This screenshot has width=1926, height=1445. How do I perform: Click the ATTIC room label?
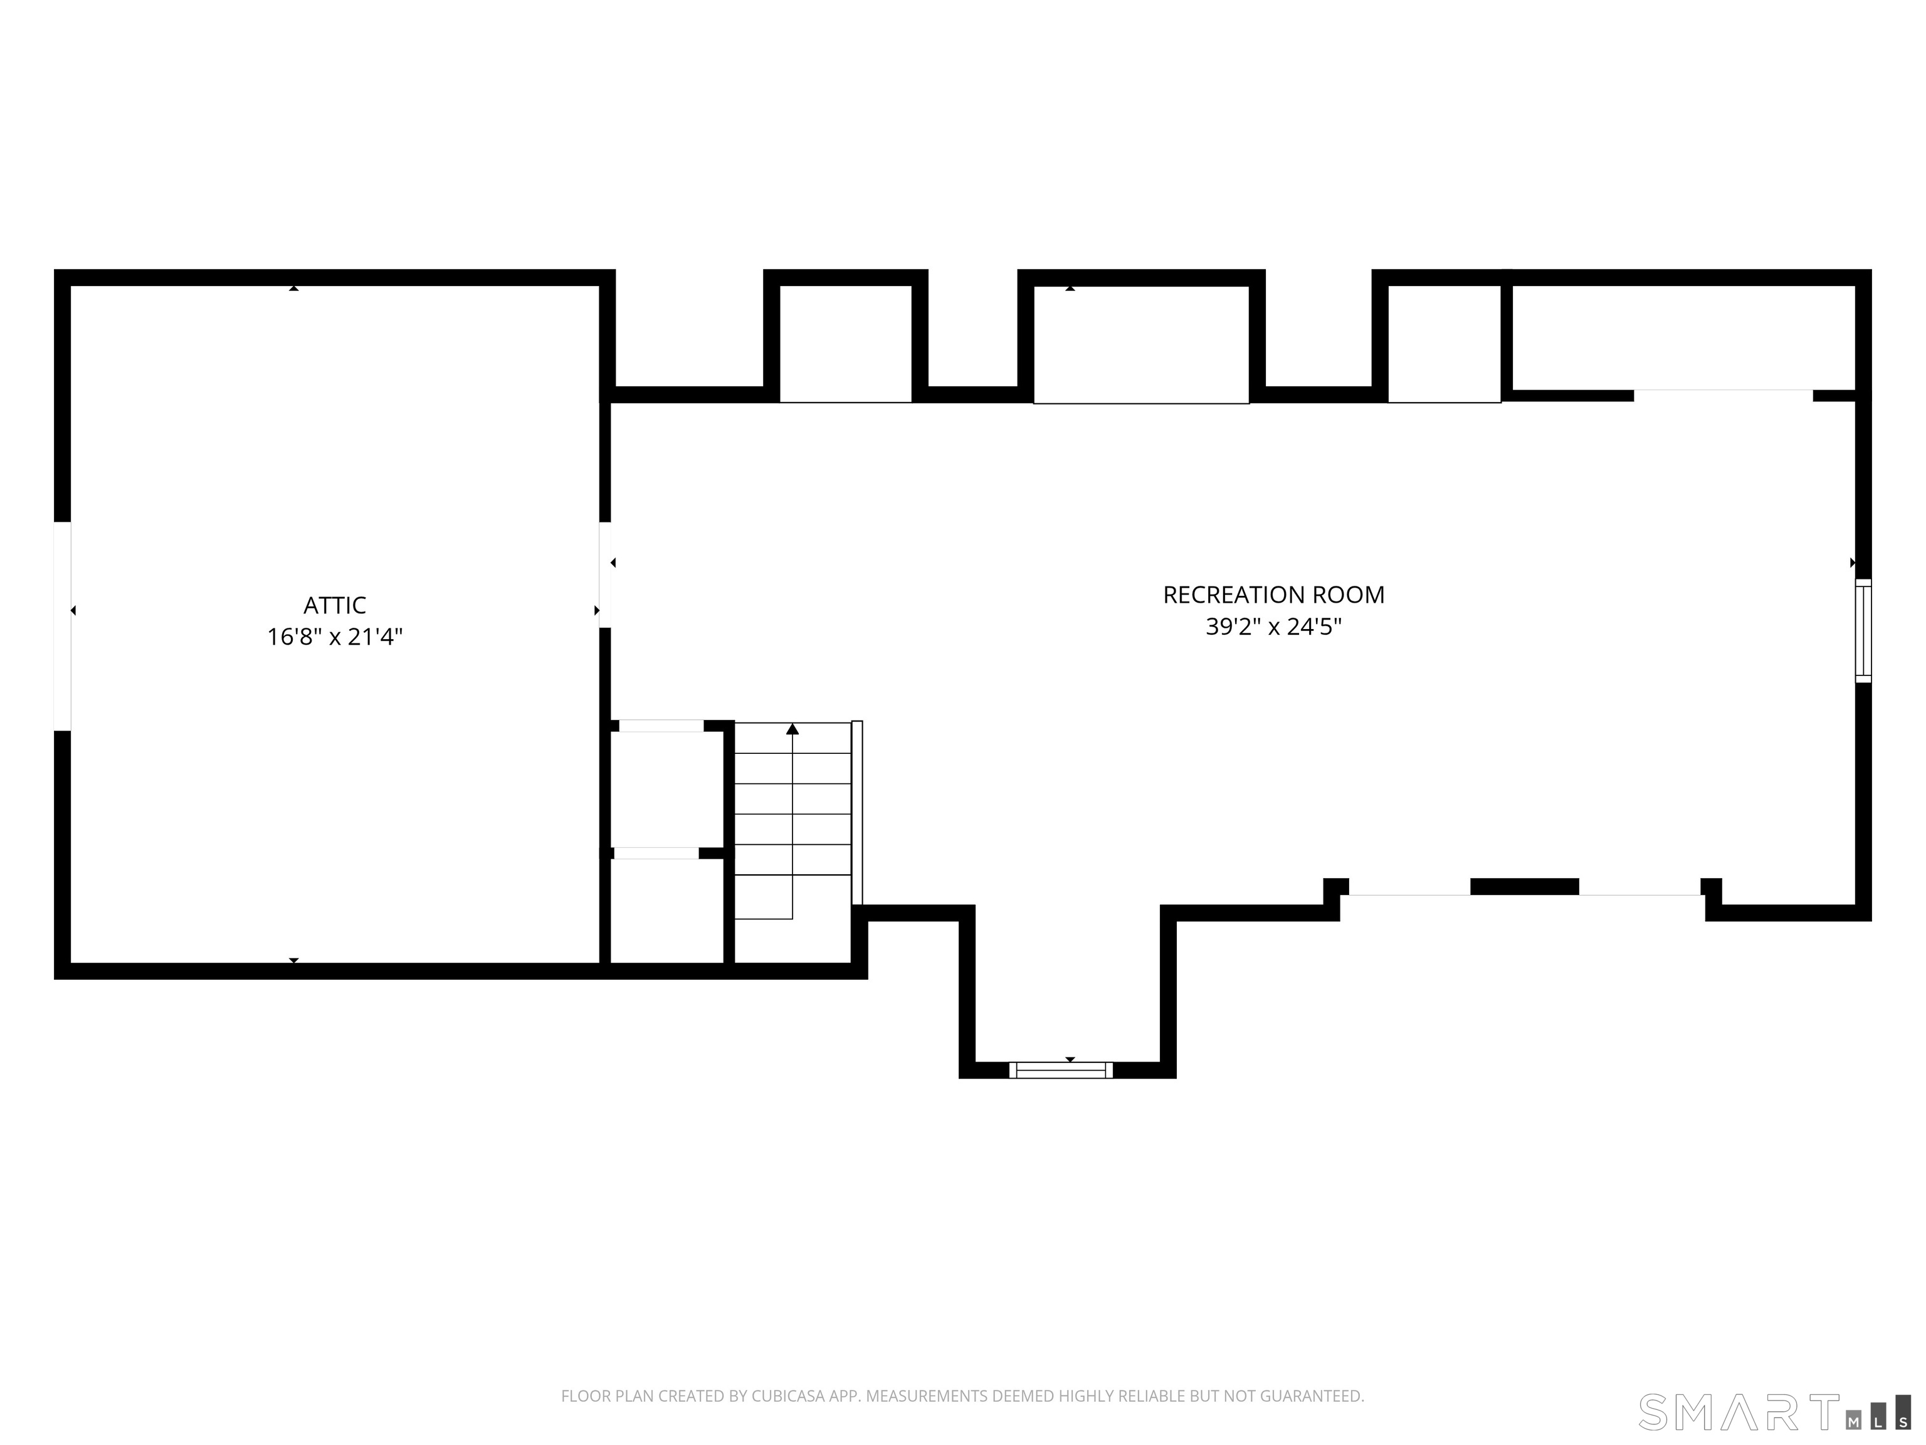tap(334, 605)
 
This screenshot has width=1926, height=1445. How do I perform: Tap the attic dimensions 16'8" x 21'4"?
tap(334, 637)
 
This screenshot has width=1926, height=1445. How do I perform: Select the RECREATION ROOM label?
tap(1273, 595)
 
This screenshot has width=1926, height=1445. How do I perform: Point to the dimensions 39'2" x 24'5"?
tap(1273, 627)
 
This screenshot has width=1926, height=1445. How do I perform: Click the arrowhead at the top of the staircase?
tap(792, 728)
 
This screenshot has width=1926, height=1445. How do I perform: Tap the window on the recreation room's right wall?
tap(1863, 630)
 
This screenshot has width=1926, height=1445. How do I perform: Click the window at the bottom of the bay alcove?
tap(1061, 1069)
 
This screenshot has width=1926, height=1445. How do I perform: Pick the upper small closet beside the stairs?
tap(667, 789)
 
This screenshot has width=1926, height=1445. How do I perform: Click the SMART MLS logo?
tap(1774, 1412)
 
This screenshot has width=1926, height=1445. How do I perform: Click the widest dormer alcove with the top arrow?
tap(1140, 344)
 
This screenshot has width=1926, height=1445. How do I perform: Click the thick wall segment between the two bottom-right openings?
tap(1525, 887)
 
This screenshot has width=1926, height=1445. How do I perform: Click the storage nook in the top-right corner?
tap(1684, 338)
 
